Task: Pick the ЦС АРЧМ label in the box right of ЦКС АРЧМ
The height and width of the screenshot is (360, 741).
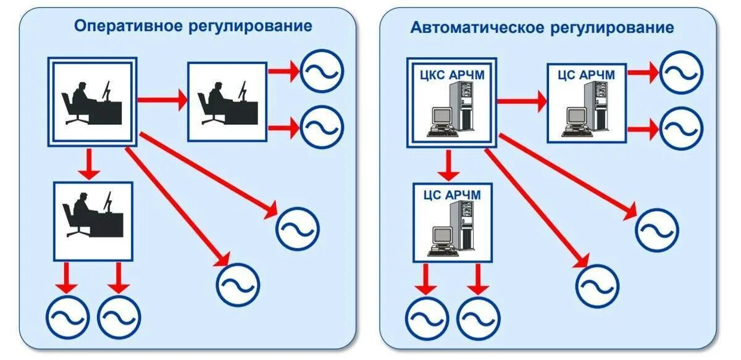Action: [586, 75]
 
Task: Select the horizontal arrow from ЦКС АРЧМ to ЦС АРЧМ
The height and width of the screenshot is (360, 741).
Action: [522, 101]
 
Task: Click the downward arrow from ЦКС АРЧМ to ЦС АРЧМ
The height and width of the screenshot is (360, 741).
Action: [449, 164]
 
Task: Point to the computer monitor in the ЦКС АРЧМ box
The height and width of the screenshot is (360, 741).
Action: [443, 117]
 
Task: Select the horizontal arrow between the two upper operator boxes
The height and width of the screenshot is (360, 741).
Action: [161, 99]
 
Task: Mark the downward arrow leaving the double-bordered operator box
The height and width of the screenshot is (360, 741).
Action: [90, 164]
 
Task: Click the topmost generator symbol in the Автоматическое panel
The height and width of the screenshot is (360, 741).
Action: [681, 72]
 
